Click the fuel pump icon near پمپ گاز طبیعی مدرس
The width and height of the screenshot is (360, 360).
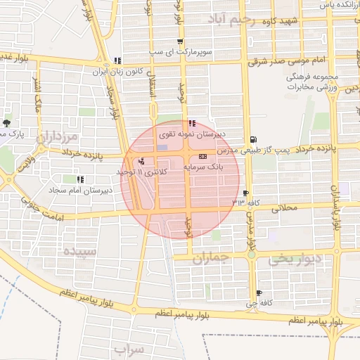pos(252,139)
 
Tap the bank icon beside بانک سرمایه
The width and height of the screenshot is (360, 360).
pos(203,156)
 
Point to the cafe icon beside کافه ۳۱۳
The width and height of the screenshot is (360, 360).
pos(245,193)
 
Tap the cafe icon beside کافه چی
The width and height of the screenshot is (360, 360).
pos(259,293)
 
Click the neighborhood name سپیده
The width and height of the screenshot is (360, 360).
pos(77,250)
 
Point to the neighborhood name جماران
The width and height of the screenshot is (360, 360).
pos(210,259)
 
